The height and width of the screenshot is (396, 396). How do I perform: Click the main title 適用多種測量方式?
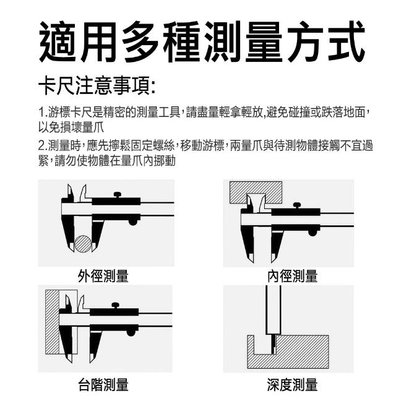tap(202, 41)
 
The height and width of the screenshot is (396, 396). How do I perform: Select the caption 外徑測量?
tap(103, 276)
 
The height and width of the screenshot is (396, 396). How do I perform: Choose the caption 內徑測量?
tap(293, 276)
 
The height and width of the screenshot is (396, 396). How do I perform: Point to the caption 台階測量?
tap(103, 384)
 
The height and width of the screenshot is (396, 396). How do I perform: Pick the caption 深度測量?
tap(293, 384)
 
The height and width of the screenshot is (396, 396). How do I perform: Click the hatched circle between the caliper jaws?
tap(83, 244)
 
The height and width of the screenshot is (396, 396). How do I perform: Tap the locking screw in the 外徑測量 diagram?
tap(117, 195)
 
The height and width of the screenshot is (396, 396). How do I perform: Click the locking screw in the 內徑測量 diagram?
tap(297, 205)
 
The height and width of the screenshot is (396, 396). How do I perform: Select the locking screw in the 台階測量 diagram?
tap(116, 305)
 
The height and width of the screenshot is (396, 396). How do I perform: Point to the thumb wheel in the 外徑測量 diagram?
tap(133, 222)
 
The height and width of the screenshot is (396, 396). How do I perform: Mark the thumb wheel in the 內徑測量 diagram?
tap(312, 233)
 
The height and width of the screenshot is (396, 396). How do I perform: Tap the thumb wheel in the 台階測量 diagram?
tap(131, 332)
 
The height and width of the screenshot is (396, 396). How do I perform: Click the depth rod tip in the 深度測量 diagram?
tap(273, 353)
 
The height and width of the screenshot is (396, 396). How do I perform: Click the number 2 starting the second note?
tap(41, 146)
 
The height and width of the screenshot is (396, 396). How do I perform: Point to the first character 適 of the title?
tap(58, 41)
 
